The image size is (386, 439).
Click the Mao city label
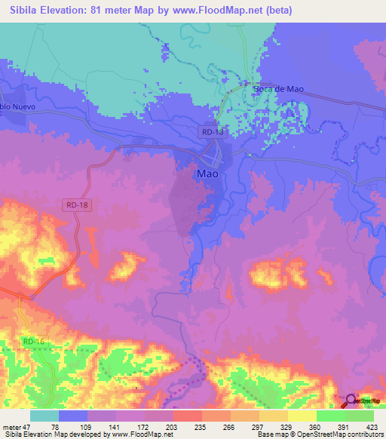tap(207, 173)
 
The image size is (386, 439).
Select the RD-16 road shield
tap(34, 342)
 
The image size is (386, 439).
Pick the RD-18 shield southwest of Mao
tap(76, 204)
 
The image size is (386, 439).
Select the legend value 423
tap(373, 426)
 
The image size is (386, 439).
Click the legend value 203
tap(173, 426)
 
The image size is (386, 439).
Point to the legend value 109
tap(87, 426)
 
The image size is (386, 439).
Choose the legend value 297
tap(259, 426)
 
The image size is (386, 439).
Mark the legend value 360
tap(316, 426)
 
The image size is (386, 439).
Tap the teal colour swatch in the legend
tap(44, 416)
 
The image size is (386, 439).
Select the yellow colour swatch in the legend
tap(302, 416)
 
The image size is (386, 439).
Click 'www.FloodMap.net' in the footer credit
tap(139, 434)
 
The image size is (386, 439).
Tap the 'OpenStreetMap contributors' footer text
tap(346, 434)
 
